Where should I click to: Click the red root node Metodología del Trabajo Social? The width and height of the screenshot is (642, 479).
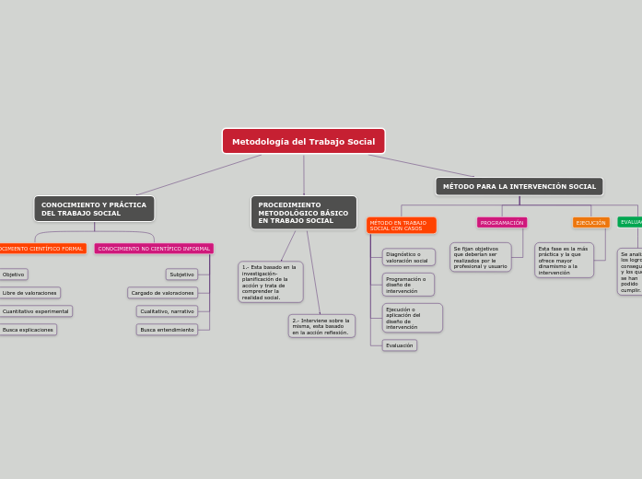point(303,141)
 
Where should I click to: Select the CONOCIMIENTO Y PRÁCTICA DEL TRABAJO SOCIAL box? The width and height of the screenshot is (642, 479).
point(94,208)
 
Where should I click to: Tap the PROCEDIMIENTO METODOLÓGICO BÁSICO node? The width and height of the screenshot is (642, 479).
point(303,212)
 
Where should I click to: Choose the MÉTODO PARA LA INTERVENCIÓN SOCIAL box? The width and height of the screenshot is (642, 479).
point(519,186)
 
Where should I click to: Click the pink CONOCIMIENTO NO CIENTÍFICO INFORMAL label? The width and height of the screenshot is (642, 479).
point(154,249)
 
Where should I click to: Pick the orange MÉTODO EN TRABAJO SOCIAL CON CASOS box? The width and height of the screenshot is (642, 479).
point(401,225)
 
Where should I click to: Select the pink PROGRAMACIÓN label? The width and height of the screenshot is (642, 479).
point(502,223)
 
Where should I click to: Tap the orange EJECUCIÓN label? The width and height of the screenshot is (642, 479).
point(590,223)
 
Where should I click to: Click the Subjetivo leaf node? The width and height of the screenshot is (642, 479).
point(181,275)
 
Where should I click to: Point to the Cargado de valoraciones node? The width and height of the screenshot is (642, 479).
point(162,293)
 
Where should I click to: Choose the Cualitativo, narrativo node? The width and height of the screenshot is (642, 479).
point(167,311)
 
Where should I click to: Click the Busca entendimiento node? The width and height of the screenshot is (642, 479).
point(167,330)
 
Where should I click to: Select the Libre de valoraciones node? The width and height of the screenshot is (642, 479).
point(29,293)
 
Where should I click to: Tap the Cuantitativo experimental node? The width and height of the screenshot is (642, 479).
point(35,311)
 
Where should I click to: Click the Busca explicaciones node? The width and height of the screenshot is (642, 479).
point(28,330)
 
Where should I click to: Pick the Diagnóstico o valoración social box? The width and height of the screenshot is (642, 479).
point(408,257)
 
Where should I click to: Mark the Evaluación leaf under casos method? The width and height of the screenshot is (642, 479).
point(400,345)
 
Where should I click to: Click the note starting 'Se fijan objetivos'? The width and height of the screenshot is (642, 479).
point(480,257)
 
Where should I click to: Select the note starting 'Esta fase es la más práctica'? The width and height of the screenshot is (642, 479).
point(564,261)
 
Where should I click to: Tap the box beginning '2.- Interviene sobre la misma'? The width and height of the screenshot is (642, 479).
point(321,326)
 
